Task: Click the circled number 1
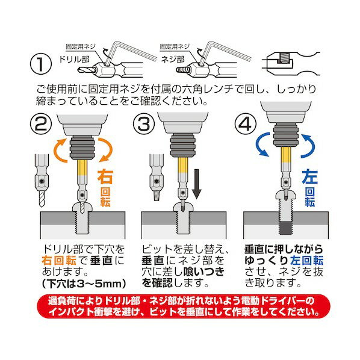(x=41, y=64)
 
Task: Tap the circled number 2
(x=41, y=123)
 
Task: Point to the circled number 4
(x=246, y=123)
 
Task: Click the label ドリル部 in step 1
(x=74, y=60)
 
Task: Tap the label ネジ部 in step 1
(x=173, y=60)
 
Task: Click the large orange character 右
(x=105, y=177)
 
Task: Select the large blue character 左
(x=310, y=177)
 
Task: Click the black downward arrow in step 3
(x=196, y=184)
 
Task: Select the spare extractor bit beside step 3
(x=157, y=177)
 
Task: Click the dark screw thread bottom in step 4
(x=286, y=228)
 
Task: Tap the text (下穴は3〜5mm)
(x=84, y=284)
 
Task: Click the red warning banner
(x=184, y=306)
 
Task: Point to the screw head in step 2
(x=82, y=208)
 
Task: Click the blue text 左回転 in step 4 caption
(x=306, y=260)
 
